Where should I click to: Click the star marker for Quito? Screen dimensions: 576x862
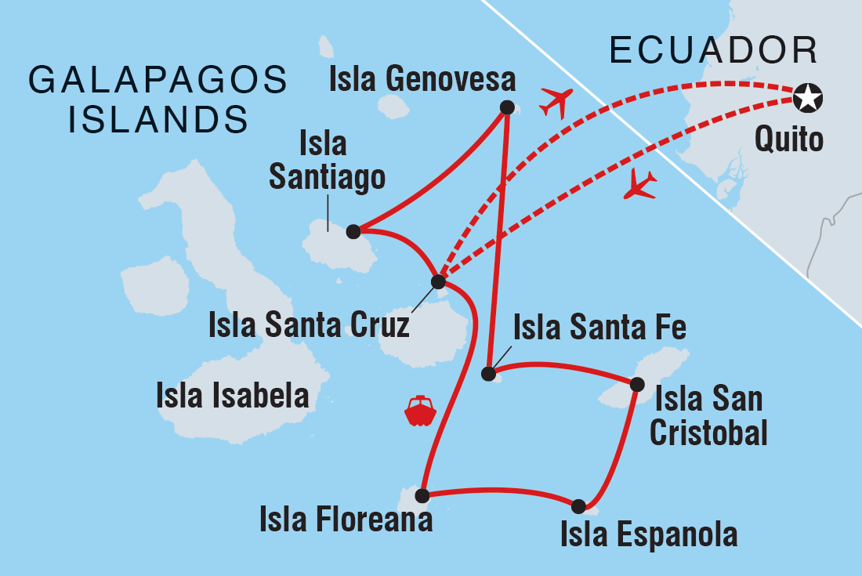807,98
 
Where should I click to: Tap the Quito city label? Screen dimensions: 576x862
789,140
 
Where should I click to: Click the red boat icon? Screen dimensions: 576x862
420,411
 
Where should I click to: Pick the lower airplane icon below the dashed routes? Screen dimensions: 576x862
640,186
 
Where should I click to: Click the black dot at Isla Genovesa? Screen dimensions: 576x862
507,108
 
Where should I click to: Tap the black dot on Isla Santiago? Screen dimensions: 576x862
353,231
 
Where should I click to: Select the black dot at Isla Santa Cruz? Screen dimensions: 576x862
439,281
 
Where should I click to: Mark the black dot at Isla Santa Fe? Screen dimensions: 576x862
489,373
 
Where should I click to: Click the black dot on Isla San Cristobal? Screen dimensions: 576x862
637,384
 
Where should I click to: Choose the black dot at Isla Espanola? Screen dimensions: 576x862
578,506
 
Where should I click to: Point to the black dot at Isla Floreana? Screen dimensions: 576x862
422,495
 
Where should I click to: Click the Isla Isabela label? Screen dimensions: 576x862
233,397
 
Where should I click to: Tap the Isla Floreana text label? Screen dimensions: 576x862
346,520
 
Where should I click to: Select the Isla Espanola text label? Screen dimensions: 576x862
649,534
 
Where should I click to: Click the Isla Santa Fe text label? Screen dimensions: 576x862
599,328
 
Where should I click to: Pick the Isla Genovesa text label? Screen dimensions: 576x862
423,80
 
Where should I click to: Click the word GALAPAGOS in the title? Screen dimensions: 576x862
158,82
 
